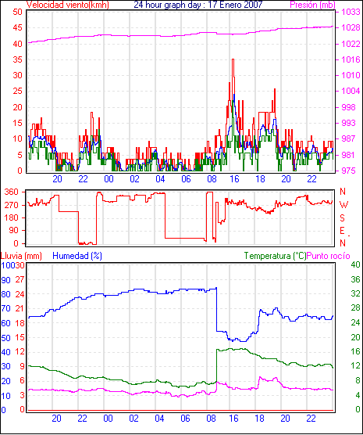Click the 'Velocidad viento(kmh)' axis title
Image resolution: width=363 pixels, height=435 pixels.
[68, 5]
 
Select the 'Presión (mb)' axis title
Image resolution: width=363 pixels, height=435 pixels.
[313, 5]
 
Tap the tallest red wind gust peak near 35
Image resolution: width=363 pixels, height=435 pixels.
[233, 59]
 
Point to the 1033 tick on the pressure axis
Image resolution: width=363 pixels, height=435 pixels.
[351, 12]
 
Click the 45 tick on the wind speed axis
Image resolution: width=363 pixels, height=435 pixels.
[17, 27]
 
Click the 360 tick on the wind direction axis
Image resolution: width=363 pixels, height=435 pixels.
[12, 192]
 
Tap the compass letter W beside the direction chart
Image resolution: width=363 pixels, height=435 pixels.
[343, 205]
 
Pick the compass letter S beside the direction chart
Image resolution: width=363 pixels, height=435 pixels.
[342, 218]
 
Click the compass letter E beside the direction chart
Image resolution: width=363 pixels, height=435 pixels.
[342, 231]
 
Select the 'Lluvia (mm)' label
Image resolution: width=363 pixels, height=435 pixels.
[21, 256]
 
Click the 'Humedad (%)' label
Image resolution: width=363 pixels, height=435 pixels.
[77, 256]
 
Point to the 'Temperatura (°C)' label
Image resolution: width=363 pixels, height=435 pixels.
[276, 256]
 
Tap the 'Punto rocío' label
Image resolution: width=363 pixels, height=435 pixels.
[329, 256]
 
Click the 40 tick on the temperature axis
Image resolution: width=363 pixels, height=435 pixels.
[355, 264]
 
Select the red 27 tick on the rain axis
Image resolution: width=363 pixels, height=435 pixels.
[20, 279]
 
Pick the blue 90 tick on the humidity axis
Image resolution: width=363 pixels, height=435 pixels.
[5, 280]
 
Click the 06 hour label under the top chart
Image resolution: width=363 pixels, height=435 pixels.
[186, 179]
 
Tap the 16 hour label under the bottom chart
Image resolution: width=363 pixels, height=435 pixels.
[233, 418]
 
